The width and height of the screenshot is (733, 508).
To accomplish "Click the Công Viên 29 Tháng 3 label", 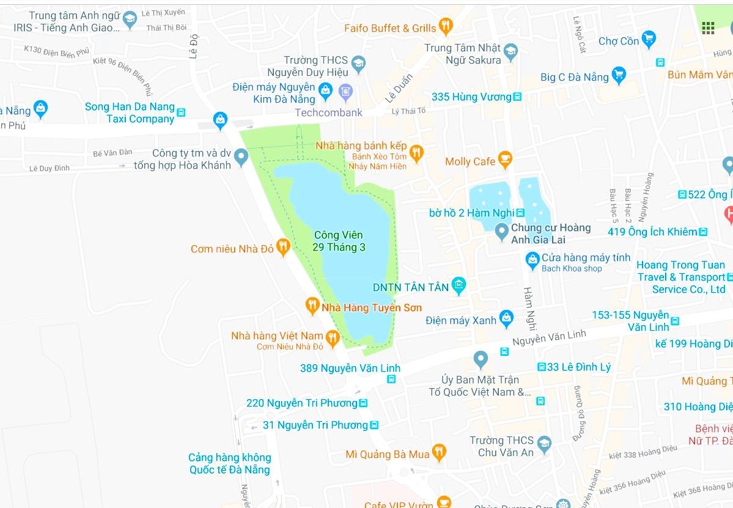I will click(x=339, y=241).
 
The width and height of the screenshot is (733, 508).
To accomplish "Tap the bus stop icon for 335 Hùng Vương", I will click(x=517, y=97).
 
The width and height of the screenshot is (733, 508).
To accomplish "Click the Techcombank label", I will click(x=328, y=112).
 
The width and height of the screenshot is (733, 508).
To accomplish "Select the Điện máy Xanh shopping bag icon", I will click(x=506, y=318).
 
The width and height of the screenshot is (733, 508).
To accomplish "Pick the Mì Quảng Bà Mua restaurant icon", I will click(x=438, y=453).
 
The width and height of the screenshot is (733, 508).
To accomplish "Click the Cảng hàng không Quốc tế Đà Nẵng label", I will click(x=229, y=463).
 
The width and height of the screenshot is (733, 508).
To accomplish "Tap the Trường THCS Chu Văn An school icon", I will click(x=544, y=444).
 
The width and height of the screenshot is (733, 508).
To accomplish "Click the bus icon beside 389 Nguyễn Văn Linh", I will click(x=391, y=379).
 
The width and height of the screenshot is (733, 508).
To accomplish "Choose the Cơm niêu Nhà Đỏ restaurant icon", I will click(x=282, y=248).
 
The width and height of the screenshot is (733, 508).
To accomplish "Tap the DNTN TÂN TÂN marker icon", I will click(x=459, y=285).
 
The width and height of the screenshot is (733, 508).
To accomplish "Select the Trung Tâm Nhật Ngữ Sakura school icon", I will click(x=510, y=51).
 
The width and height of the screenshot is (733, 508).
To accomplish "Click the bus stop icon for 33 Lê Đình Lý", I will click(x=541, y=367).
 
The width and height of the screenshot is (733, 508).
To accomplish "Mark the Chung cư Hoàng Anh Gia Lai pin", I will click(x=501, y=232).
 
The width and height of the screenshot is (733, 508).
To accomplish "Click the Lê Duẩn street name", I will click(x=399, y=89).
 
